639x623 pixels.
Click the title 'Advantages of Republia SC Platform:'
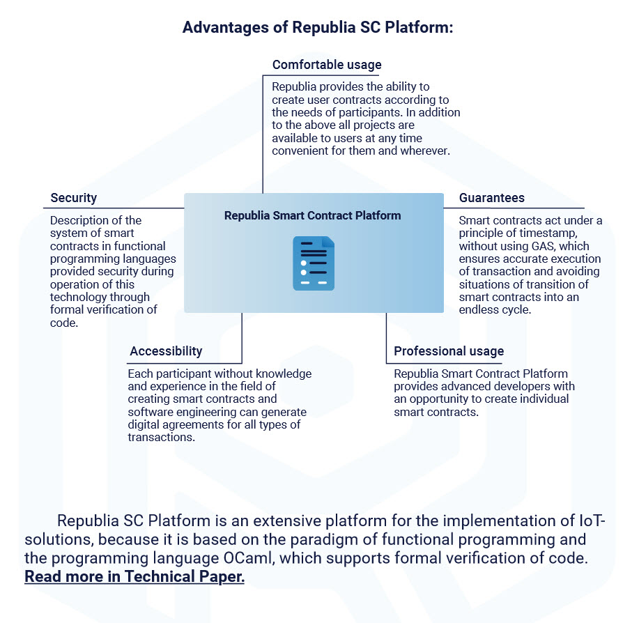point(318,28)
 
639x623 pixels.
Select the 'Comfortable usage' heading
point(327,65)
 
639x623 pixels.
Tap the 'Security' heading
point(74,198)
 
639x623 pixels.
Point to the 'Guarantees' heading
point(492,198)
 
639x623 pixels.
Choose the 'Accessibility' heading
point(166,351)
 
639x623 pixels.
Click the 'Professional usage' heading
point(449,351)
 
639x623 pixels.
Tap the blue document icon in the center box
point(314,263)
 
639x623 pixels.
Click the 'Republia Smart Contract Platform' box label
point(312,215)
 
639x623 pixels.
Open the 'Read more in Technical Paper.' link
point(134,577)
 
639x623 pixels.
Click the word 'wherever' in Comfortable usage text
point(425,151)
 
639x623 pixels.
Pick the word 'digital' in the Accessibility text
point(146,425)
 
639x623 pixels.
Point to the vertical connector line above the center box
point(263,132)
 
